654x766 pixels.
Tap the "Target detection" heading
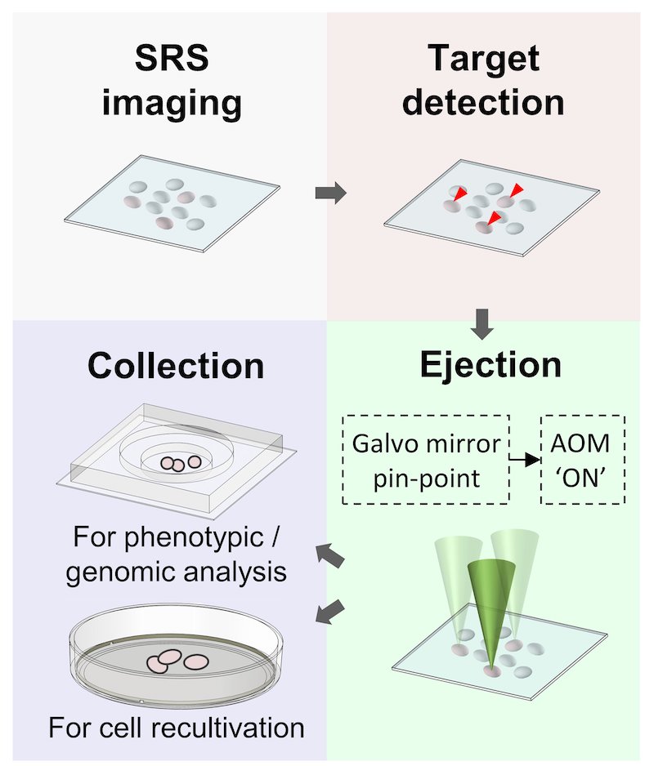484,82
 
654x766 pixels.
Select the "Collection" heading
176,366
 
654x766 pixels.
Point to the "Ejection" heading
490,364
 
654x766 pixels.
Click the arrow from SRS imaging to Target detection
330,194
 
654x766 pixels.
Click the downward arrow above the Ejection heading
484,324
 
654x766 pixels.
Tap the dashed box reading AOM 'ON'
584,461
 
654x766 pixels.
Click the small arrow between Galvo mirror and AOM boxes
525,461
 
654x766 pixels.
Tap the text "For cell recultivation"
176,727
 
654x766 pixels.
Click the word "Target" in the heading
484,60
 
